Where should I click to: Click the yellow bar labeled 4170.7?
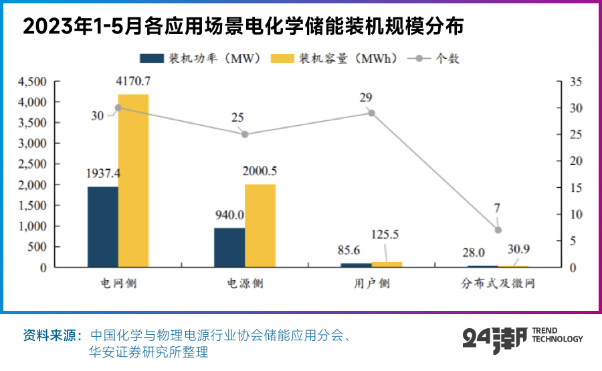133,180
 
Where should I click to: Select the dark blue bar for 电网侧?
103,227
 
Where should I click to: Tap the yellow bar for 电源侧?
260,225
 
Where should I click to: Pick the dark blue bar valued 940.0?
229,247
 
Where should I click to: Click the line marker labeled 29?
372,113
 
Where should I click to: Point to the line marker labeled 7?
498,230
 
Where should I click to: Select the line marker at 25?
245,134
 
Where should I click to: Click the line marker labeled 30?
118,108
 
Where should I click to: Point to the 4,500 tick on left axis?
32,82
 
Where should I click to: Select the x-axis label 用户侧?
372,283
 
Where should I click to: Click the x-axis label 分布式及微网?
498,283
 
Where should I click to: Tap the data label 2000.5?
260,171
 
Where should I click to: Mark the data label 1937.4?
103,173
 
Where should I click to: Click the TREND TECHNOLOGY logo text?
557,334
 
